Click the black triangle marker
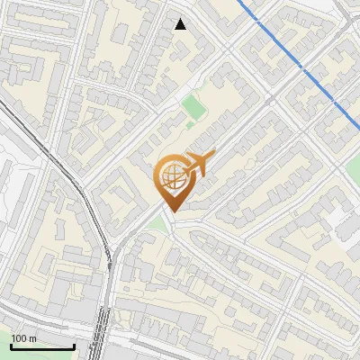click(x=181, y=24)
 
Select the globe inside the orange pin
click(x=171, y=177)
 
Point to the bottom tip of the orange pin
click(x=171, y=211)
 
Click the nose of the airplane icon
click(x=211, y=156)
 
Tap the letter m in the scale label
click(x=33, y=338)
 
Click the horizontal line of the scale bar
click(x=42, y=346)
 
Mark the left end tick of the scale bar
click(x=11, y=345)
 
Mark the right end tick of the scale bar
click(x=74, y=345)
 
